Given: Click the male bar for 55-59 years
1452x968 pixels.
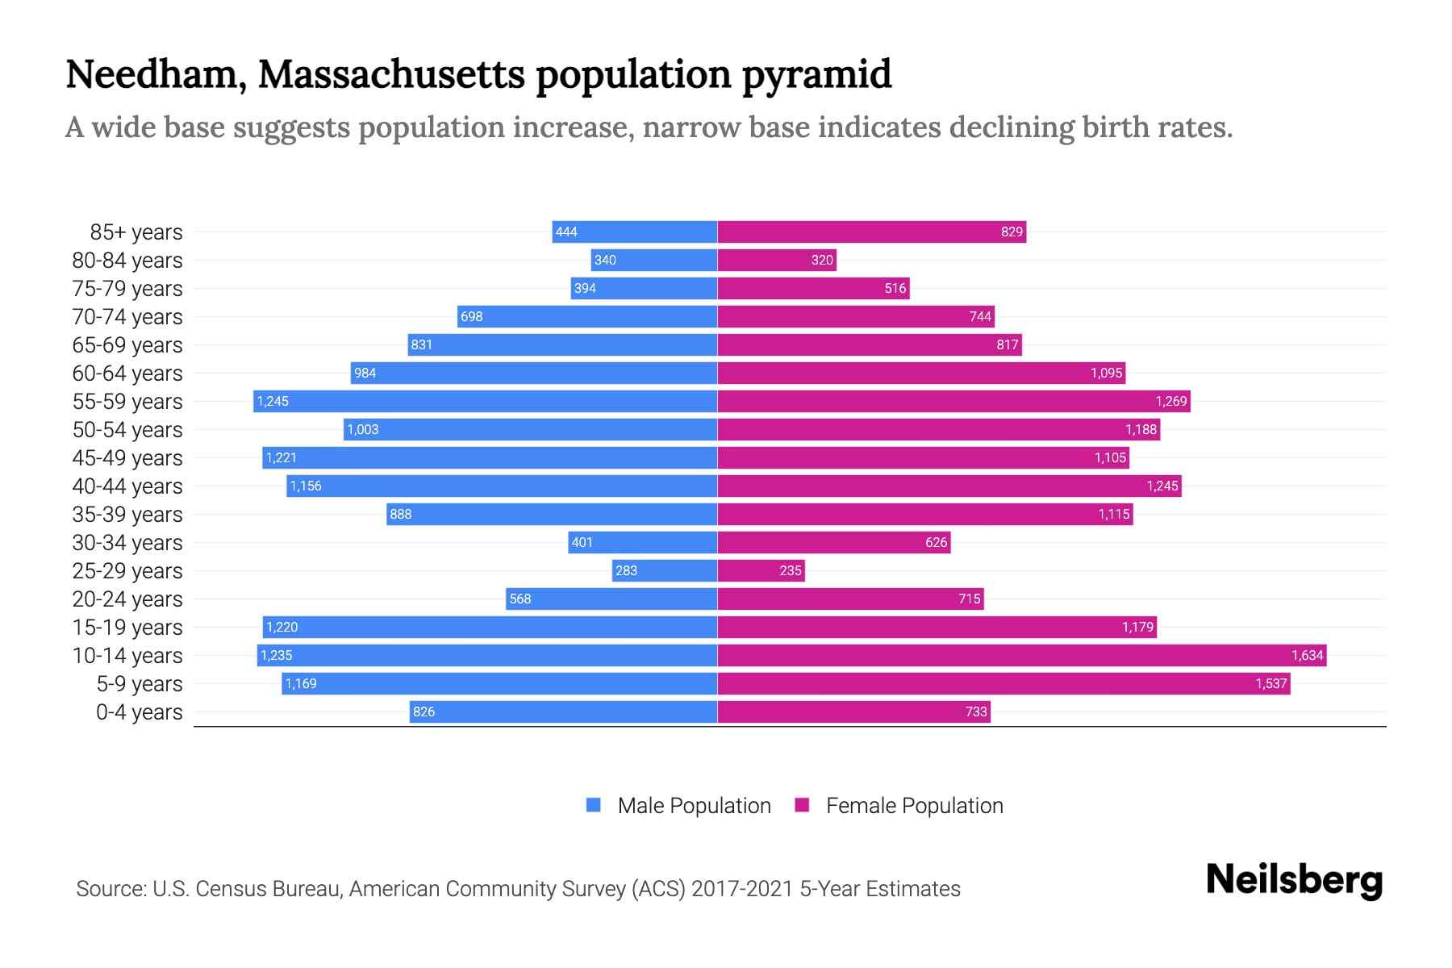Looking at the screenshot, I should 485,401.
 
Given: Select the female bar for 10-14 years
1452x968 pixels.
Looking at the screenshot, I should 1021,655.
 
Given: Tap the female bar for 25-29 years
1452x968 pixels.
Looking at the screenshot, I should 761,570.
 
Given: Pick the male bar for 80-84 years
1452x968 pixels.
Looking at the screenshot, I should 653,260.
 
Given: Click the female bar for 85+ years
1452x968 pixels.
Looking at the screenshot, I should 871,232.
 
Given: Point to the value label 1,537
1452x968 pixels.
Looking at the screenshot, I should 1270,683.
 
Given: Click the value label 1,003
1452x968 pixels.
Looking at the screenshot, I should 363,429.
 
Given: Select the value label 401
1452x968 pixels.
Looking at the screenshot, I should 582,542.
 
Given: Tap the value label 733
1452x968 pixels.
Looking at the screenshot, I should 976,711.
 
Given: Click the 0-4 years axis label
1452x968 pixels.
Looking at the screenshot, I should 139,712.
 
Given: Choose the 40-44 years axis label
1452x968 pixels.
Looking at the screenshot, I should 127,486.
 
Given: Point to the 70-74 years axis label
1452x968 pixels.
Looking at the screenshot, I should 127,317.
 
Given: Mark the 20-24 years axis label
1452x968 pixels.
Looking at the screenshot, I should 127,599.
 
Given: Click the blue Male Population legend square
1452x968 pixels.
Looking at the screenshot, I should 594,805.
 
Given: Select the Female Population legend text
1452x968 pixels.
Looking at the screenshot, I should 914,805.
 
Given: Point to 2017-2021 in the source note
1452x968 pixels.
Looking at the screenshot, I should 742,889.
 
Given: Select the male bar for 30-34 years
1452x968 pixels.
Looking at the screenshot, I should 642,542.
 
